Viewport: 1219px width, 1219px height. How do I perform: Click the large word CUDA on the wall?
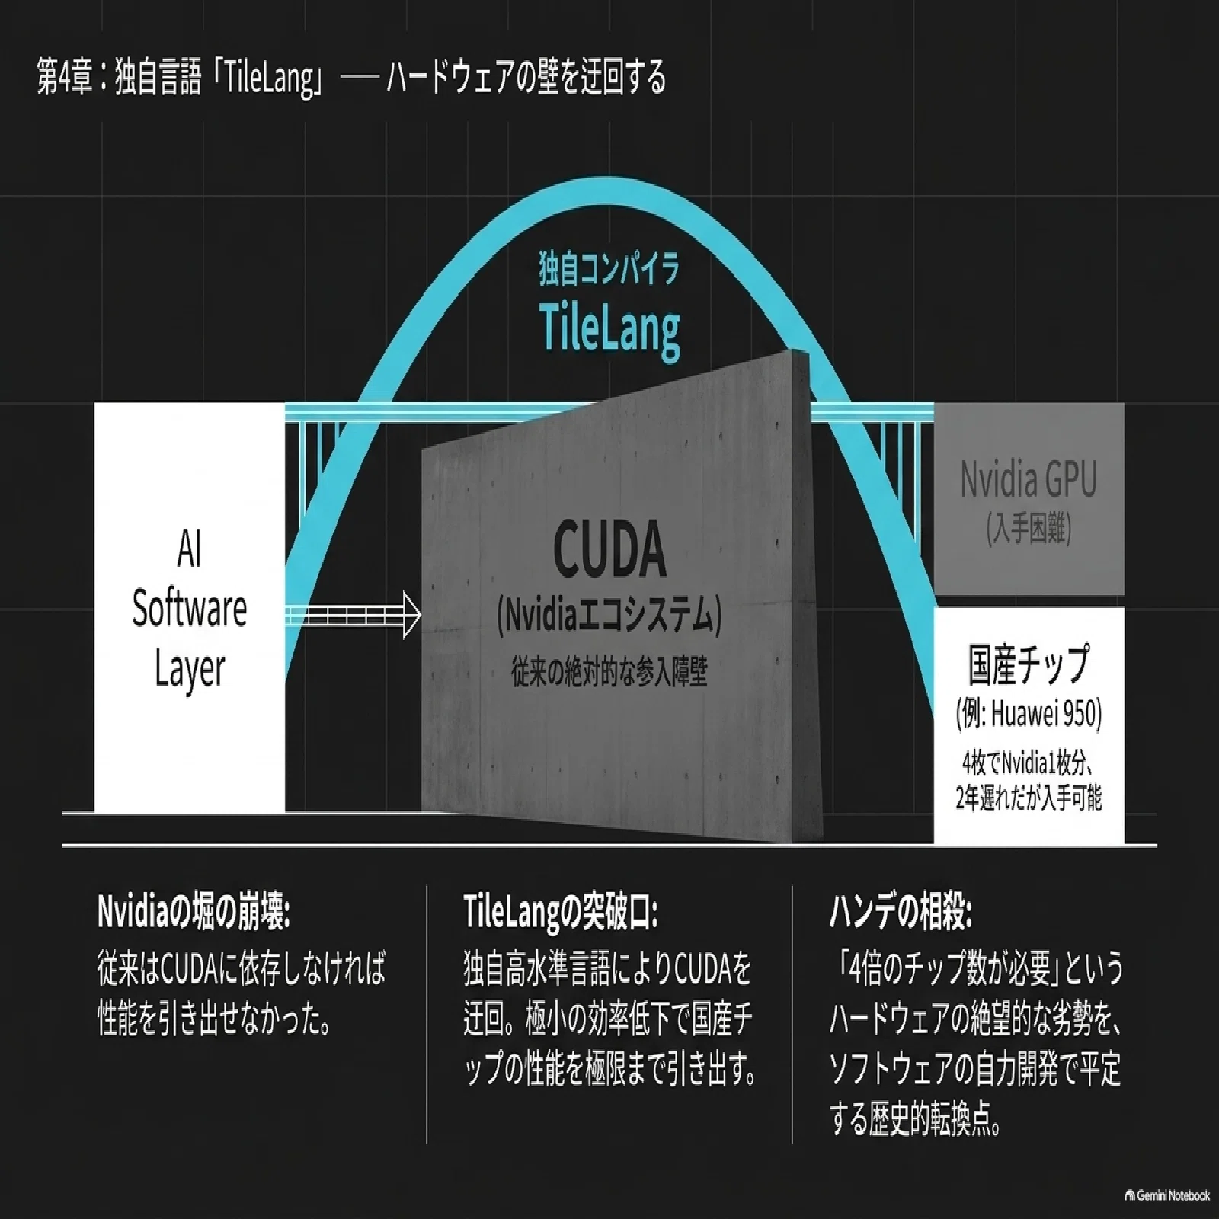point(609,548)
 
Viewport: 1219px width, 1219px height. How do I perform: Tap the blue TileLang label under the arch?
point(609,328)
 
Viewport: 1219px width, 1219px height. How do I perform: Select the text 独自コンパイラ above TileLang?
point(609,270)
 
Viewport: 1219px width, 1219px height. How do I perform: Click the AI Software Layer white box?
point(190,607)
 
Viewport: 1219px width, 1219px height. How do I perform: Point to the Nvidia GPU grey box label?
point(1029,480)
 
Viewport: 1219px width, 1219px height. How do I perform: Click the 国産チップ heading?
point(1029,663)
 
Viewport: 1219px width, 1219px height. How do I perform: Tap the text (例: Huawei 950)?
point(1029,714)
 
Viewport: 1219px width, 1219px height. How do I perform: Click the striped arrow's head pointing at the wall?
point(411,614)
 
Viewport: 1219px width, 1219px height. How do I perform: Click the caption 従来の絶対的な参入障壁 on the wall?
point(609,673)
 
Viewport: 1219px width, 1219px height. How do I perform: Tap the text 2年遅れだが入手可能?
point(1029,798)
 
